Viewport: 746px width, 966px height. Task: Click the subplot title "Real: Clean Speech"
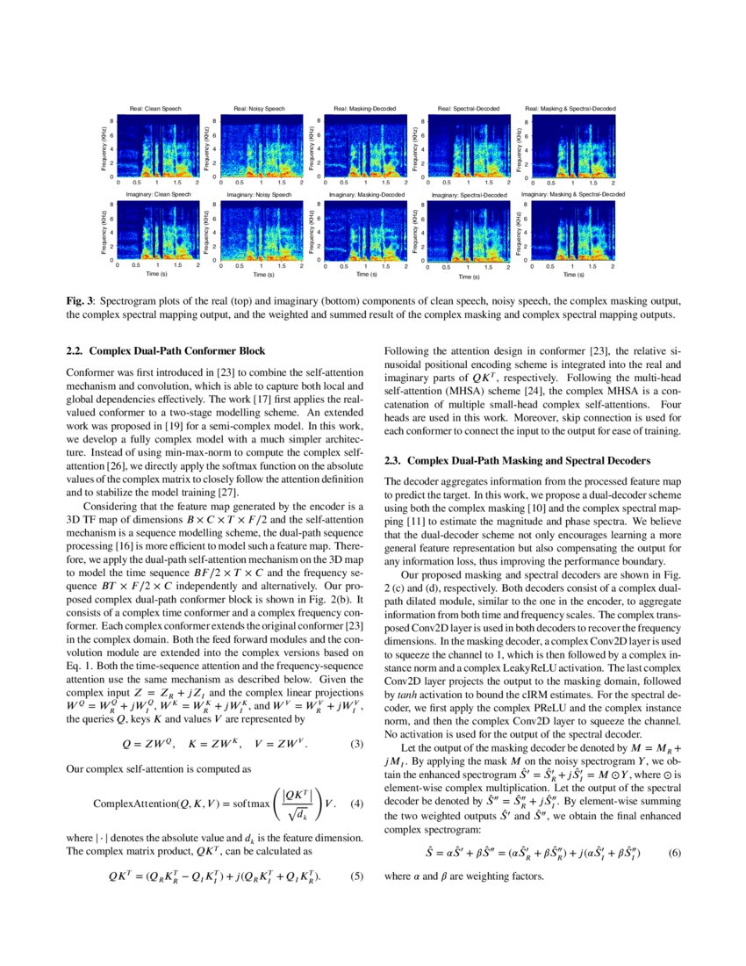[156, 108]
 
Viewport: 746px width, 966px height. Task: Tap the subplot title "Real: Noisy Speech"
[259, 108]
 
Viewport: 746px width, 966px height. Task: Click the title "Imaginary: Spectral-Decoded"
[470, 195]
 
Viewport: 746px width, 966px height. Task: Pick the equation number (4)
[356, 804]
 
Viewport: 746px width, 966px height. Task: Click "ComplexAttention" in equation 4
[128, 804]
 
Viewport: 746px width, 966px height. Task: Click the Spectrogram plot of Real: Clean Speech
[157, 148]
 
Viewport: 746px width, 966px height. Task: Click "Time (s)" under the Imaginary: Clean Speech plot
[157, 274]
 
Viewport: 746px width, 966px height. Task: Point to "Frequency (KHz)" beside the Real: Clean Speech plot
[104, 148]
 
